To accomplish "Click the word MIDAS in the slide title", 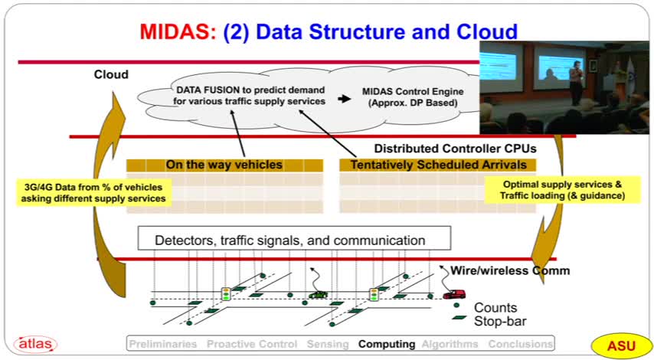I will [177, 32].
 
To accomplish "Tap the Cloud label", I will [111, 75].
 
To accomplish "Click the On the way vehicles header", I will [224, 165].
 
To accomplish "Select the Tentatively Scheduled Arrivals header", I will [437, 165].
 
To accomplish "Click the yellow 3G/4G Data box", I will [94, 192].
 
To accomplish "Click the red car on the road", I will [454, 293].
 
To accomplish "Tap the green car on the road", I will [317, 293].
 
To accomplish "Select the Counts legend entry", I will [495, 308].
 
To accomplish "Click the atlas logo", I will [34, 345].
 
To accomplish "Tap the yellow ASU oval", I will [620, 345].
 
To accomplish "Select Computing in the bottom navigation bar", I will [387, 345].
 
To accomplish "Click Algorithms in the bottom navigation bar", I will [451, 345].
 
